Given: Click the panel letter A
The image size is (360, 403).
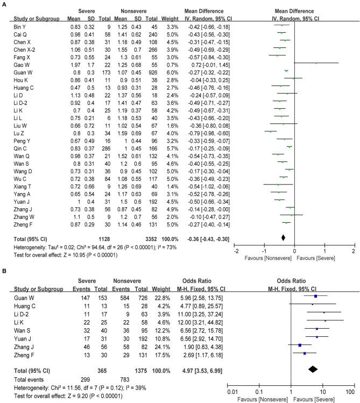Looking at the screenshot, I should click(x=4, y=4).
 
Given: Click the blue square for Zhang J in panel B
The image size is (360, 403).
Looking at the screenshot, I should click(x=300, y=345).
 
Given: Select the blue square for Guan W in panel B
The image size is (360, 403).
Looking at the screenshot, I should click(x=315, y=296).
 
